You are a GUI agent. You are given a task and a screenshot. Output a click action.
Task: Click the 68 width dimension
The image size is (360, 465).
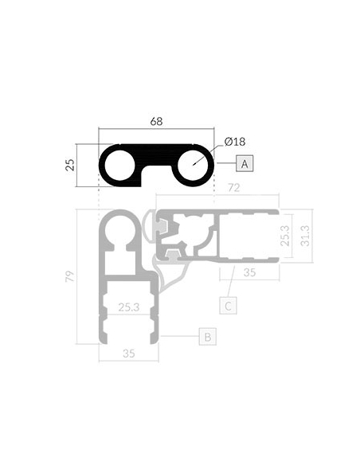156,121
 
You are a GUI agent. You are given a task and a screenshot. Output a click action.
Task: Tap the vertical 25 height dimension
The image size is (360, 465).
70,165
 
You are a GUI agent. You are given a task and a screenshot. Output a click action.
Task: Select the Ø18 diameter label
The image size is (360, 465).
235,142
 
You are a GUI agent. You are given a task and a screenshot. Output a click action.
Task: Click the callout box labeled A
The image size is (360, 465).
245,163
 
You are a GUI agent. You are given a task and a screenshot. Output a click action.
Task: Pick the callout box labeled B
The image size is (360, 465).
208,337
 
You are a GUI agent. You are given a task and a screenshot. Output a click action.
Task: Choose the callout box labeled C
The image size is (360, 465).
228,306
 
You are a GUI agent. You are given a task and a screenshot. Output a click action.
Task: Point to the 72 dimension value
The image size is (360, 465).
233,188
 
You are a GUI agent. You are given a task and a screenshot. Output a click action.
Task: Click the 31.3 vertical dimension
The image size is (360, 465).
305,236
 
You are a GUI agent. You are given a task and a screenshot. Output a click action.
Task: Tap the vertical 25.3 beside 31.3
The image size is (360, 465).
285,236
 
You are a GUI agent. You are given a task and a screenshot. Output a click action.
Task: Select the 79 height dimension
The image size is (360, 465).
70,276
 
